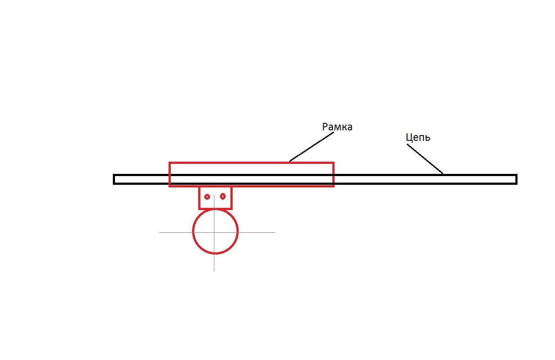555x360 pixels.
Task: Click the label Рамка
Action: coord(337,127)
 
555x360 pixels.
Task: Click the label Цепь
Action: coord(418,138)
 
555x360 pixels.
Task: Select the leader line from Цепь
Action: coord(425,159)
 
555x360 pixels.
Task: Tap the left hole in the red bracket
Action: coord(207,197)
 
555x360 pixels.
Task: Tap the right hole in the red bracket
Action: coord(223,197)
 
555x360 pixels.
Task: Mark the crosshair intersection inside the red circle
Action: coord(214,232)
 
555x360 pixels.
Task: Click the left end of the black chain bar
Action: coord(114,179)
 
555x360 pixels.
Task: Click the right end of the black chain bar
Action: coord(516,179)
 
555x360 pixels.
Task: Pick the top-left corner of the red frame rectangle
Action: coord(169,163)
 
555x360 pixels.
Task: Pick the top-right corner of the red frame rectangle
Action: coord(334,163)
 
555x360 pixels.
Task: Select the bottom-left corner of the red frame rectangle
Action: coord(169,186)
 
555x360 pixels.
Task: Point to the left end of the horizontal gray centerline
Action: coord(159,232)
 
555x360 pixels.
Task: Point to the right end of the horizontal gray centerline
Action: coord(275,232)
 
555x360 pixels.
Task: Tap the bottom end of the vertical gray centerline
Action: coord(214,271)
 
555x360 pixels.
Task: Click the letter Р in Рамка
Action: coord(325,127)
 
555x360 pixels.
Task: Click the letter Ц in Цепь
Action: coord(409,138)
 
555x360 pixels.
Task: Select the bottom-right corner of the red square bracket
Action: coord(231,209)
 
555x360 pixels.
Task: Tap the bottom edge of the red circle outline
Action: coord(215,253)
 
